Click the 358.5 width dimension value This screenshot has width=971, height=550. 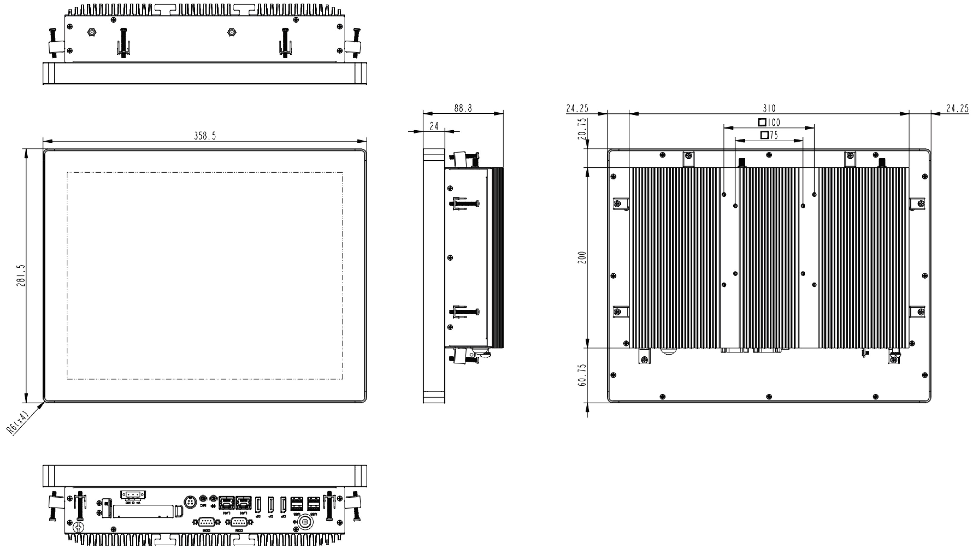[205, 136]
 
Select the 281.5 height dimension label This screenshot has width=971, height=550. [21, 275]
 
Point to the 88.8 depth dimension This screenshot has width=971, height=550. [463, 109]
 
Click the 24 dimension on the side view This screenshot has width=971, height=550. [434, 126]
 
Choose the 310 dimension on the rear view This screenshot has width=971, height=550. [769, 109]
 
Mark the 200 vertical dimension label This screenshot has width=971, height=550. [582, 257]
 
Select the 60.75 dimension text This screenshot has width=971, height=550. [582, 375]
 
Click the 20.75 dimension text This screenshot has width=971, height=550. [582, 129]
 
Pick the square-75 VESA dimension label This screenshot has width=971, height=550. [769, 135]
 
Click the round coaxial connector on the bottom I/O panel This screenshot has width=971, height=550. [305, 523]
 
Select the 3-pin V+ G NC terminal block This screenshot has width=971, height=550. [133, 495]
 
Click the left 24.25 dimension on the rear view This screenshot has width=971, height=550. [577, 109]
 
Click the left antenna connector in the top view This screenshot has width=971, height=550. [91, 32]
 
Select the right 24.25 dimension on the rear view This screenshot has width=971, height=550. [957, 109]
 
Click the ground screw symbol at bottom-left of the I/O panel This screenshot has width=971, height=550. [79, 527]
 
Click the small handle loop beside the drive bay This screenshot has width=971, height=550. [179, 511]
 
